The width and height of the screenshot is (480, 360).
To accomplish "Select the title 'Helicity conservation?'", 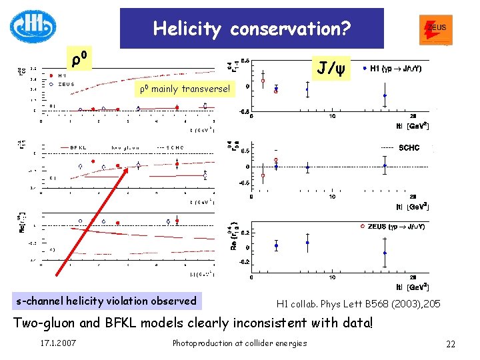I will click(x=251, y=29).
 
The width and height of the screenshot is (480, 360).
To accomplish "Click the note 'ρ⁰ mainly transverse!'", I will click(x=183, y=89).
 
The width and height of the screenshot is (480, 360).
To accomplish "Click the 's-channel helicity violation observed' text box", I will click(x=106, y=301).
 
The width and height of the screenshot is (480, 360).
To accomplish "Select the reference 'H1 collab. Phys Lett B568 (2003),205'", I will click(x=358, y=304).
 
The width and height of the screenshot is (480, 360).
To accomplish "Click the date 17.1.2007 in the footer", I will click(x=58, y=343).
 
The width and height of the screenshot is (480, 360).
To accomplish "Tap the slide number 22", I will click(x=451, y=343).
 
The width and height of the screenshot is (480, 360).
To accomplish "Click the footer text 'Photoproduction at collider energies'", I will click(x=239, y=343).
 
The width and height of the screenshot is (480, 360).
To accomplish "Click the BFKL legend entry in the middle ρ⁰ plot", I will click(x=79, y=148).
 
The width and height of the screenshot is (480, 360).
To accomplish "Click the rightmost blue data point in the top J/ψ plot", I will click(x=385, y=95).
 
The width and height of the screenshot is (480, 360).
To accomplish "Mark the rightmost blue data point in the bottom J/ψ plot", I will click(x=385, y=253).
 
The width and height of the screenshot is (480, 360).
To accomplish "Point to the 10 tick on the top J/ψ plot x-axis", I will click(x=332, y=117).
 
